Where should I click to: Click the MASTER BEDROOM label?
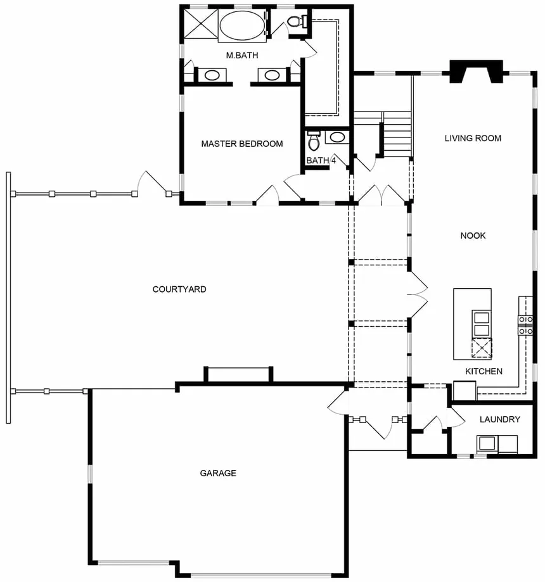[242, 144]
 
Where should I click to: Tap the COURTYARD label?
[179, 289]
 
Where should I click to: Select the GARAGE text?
[218, 473]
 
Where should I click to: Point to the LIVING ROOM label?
[473, 138]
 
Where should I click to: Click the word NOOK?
[473, 236]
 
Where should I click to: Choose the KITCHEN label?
[484, 371]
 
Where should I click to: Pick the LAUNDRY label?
[499, 419]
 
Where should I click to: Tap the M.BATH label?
[242, 55]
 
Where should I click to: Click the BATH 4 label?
[321, 160]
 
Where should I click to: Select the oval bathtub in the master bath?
[242, 25]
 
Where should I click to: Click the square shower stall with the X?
[201, 23]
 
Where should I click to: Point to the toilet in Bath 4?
[314, 141]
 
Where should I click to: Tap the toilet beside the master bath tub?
[296, 21]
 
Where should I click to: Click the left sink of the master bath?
[212, 75]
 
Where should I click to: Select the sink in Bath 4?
[337, 137]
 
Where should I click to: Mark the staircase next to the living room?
[397, 134]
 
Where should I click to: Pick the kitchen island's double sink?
[482, 323]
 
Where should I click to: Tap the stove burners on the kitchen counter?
[526, 325]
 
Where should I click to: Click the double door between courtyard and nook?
[418, 295]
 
